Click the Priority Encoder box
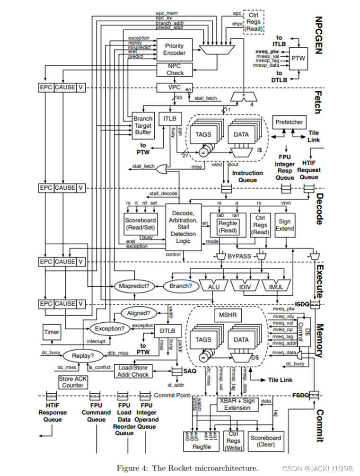tap(174, 50)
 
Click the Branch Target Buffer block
tap(142, 125)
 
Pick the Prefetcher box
tap(289, 122)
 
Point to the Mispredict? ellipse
tap(135, 286)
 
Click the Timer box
tap(52, 332)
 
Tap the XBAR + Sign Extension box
tap(237, 404)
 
